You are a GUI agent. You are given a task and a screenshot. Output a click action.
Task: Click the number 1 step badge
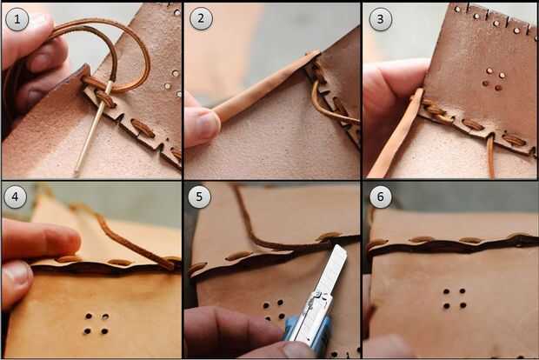point(17,19)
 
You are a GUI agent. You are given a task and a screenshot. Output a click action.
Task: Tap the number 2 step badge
point(201,18)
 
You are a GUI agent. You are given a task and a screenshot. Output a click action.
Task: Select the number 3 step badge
point(380,19)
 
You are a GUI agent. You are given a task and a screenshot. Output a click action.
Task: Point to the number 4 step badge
point(15,197)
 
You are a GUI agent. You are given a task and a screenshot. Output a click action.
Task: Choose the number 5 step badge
point(199,197)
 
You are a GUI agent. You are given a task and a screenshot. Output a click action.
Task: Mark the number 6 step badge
point(380,197)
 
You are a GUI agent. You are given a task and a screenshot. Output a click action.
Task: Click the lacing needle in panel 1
point(93,127)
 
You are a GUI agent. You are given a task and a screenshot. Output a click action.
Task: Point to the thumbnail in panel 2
point(209,123)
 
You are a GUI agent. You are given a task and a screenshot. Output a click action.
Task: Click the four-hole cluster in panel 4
point(96,323)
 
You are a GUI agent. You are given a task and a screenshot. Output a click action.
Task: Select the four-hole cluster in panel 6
point(455,298)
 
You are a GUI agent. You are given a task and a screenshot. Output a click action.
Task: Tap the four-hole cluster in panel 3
point(493,79)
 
